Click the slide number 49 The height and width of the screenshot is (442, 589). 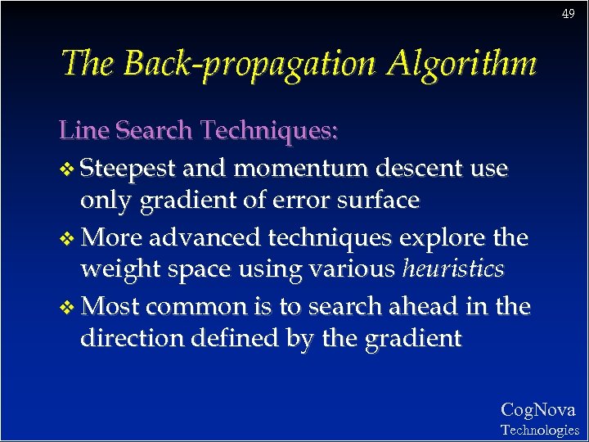point(569,14)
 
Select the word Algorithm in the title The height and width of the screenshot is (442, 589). point(455,64)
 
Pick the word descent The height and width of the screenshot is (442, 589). point(420,169)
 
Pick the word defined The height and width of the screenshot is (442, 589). point(234,337)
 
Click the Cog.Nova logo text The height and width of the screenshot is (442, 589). point(537,409)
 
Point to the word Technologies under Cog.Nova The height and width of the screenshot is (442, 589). point(539,430)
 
